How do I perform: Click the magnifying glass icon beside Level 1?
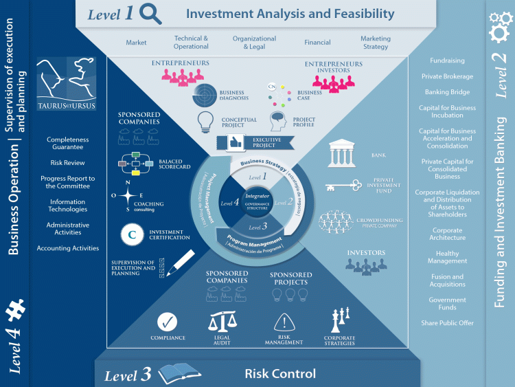coord(150,13)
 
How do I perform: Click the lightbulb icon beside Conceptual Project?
coord(205,121)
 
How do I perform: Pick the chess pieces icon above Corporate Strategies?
coord(340,321)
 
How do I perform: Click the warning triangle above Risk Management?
coord(284,322)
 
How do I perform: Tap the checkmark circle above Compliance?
coord(168,322)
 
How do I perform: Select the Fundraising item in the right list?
coord(447,60)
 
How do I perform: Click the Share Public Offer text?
coord(447,323)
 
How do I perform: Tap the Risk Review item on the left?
coord(67,163)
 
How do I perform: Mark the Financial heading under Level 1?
coord(317,43)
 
